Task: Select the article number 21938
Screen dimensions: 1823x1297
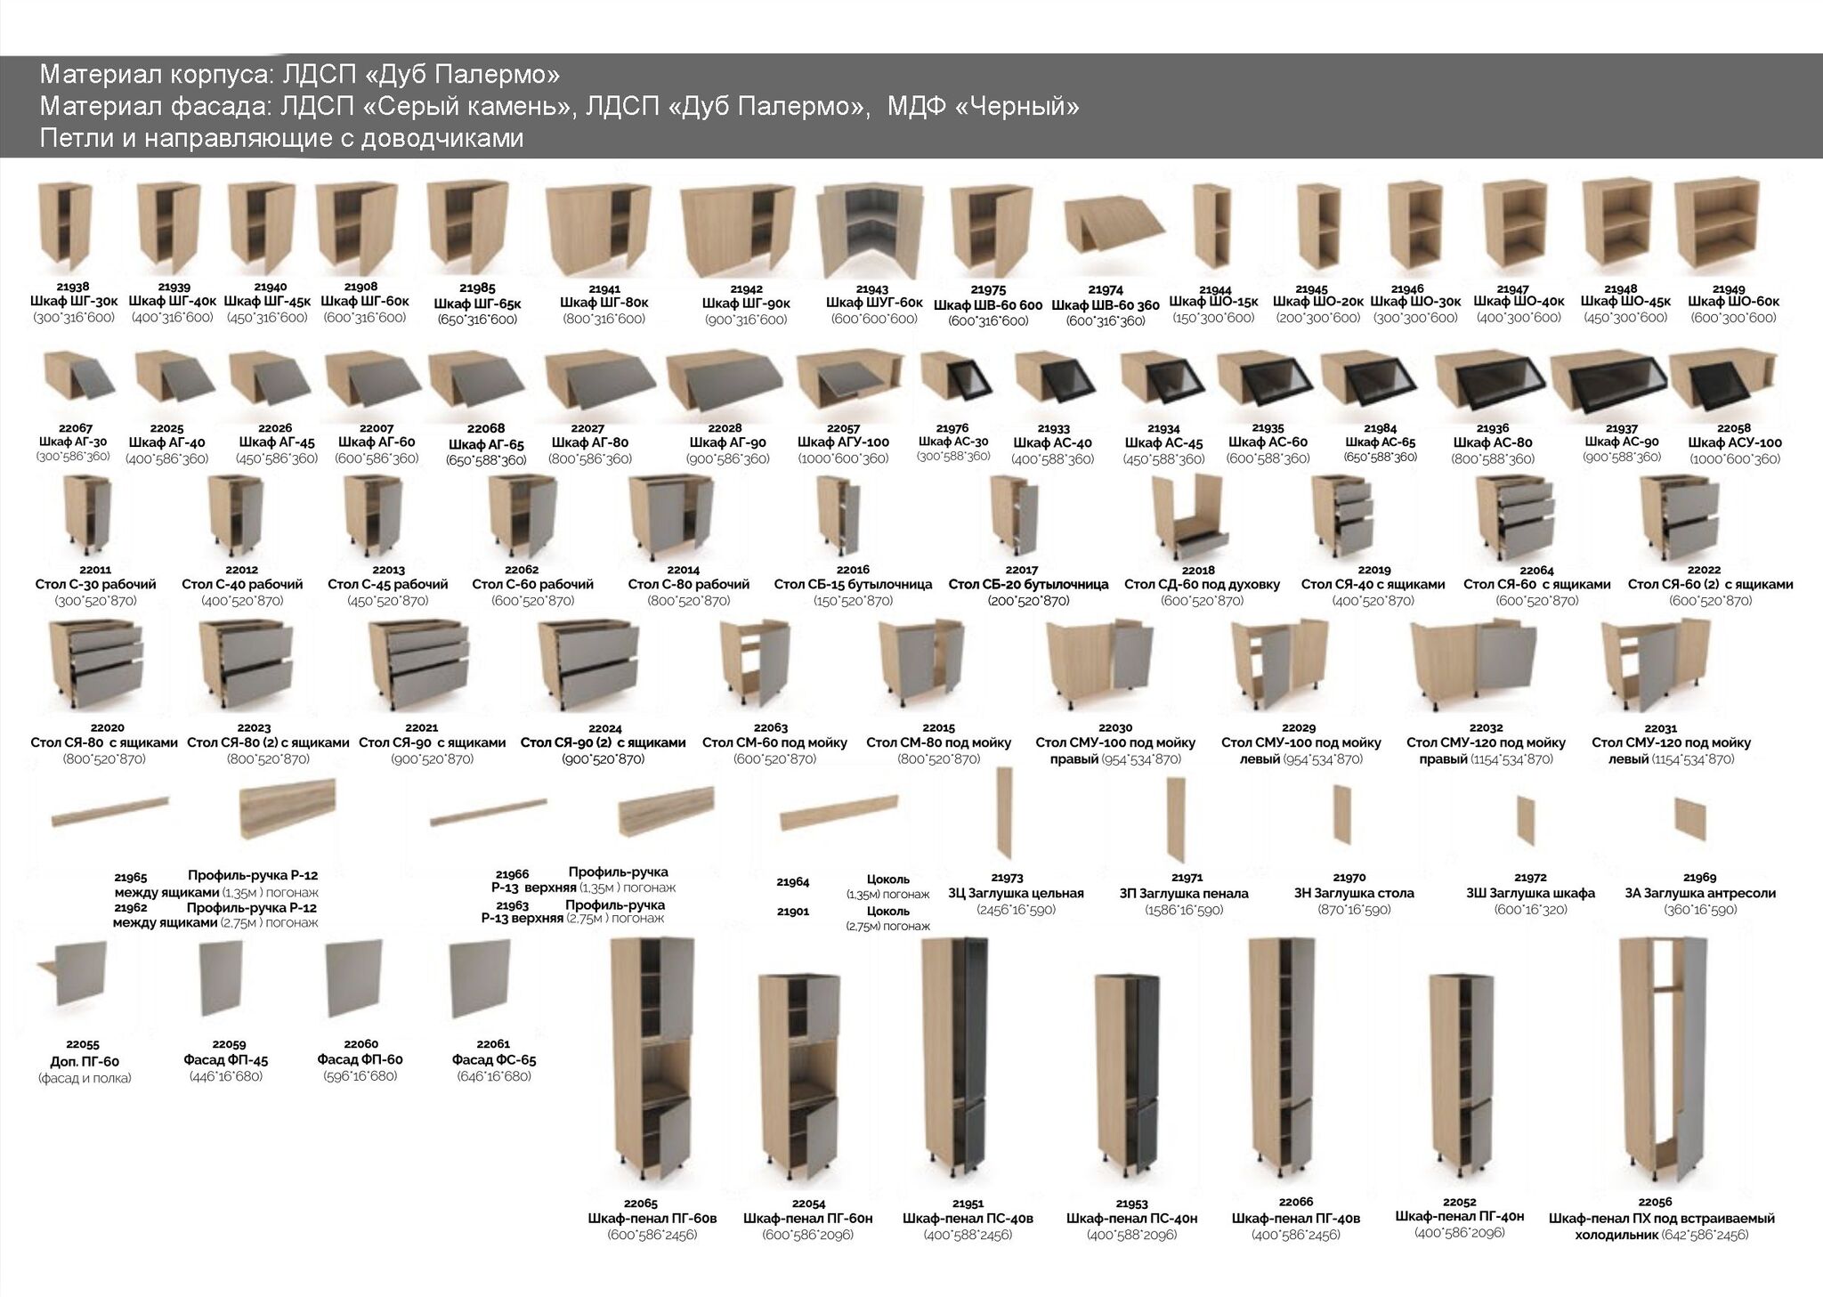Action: (73, 287)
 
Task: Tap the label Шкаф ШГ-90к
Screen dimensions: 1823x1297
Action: (746, 304)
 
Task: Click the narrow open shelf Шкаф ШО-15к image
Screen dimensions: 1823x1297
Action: (1211, 227)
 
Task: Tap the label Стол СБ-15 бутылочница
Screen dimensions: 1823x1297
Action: (853, 585)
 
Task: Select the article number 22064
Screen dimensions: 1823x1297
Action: (1536, 571)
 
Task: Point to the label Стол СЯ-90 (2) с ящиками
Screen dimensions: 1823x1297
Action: (603, 742)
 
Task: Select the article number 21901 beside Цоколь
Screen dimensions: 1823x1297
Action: (793, 912)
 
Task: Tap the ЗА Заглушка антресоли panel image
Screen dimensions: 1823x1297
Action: (1689, 815)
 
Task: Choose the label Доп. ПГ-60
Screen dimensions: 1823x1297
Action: (85, 1061)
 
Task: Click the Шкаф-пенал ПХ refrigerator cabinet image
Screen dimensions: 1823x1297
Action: (1660, 1059)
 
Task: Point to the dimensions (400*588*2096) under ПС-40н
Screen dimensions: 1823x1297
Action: (1133, 1235)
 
